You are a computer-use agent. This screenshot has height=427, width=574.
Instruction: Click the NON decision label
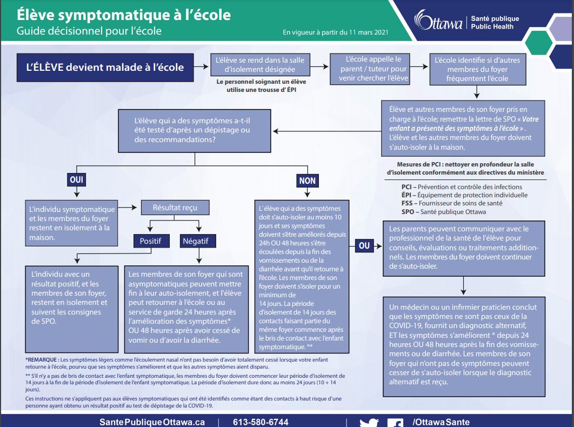click(307, 181)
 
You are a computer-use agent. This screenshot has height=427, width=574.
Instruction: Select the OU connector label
click(364, 246)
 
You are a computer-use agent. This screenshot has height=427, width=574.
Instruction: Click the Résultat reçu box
click(175, 208)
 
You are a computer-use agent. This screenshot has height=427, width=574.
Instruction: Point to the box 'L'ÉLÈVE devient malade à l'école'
click(105, 68)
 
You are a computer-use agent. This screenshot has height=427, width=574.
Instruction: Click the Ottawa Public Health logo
click(466, 22)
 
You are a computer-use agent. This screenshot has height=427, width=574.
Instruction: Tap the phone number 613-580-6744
click(261, 422)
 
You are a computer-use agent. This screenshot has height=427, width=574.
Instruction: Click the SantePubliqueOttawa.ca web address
click(152, 422)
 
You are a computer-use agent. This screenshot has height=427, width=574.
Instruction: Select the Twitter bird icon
click(369, 423)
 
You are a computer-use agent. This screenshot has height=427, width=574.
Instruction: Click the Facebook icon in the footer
click(395, 423)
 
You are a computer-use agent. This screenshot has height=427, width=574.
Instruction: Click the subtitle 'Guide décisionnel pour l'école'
click(89, 31)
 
